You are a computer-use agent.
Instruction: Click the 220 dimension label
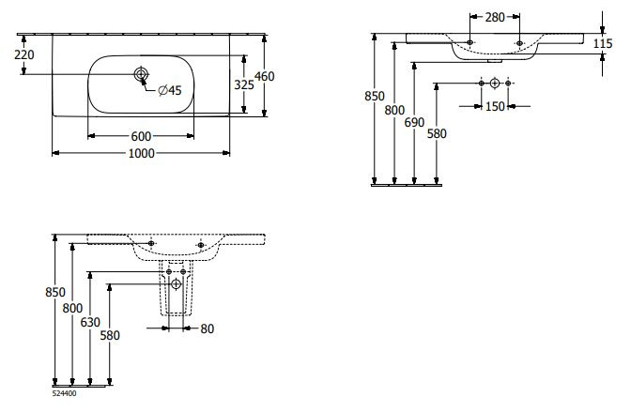point(24,55)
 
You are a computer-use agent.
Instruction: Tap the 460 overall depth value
point(265,77)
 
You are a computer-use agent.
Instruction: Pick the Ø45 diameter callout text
point(169,90)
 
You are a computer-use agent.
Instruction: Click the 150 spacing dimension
point(496,105)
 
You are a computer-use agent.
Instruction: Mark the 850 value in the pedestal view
point(55,292)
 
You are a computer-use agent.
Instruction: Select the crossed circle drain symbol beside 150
point(495,85)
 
